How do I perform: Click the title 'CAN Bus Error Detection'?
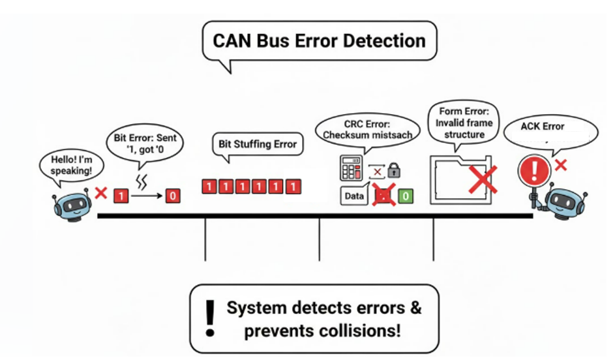pyautogui.click(x=319, y=40)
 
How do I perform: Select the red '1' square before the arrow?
pyautogui.click(x=120, y=195)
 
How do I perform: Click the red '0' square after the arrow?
pyautogui.click(x=173, y=195)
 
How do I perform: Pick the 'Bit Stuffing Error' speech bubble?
pyautogui.click(x=258, y=144)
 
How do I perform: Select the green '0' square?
pyautogui.click(x=405, y=195)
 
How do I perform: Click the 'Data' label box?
pyautogui.click(x=353, y=195)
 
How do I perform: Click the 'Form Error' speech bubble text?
pyautogui.click(x=466, y=123)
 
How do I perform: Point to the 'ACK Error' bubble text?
pyautogui.click(x=543, y=127)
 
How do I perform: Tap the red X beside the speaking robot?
pyautogui.click(x=101, y=193)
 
